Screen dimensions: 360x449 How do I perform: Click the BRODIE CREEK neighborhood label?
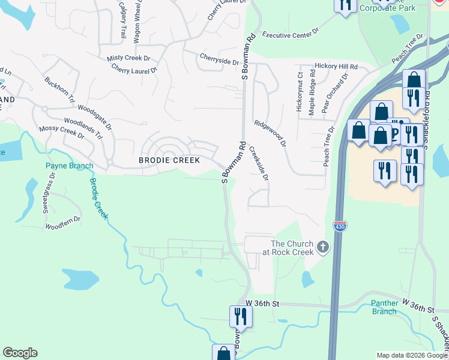point(169,160)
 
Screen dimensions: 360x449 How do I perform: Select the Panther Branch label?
point(384,307)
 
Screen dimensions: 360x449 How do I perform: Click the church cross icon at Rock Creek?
point(323,247)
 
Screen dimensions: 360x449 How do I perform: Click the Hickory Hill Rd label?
point(336,66)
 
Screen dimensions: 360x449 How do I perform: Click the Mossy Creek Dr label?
point(61,131)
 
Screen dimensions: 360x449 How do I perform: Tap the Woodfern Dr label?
point(62,223)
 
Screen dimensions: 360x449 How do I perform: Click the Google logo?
point(20,353)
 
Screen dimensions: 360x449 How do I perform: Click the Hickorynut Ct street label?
point(298,91)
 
